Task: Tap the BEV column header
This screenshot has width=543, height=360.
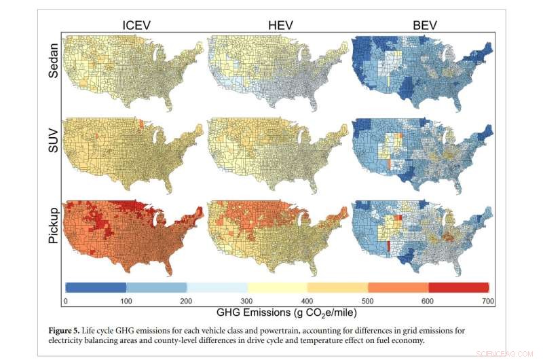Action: tap(425, 26)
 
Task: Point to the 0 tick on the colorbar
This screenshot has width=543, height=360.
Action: tap(65, 300)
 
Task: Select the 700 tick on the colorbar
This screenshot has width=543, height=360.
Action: tap(485, 300)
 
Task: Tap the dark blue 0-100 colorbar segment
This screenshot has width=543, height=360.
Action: tap(96, 287)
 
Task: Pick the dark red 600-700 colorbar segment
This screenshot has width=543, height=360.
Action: tap(459, 287)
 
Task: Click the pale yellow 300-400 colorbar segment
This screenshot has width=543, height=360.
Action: tap(278, 287)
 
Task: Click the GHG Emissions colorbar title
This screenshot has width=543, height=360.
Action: tap(276, 313)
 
